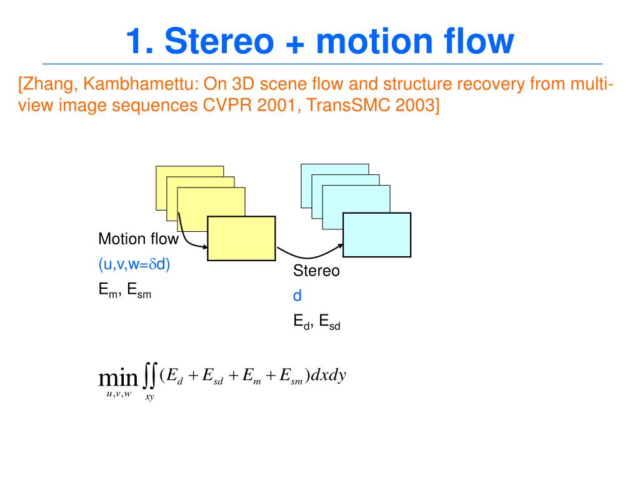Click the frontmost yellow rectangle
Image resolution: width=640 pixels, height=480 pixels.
click(241, 238)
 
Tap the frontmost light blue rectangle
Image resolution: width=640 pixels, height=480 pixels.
click(377, 234)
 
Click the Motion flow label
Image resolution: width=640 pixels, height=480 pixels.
click(138, 239)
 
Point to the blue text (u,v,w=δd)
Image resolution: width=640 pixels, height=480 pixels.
click(134, 264)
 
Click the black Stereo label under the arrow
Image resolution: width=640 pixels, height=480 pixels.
click(317, 271)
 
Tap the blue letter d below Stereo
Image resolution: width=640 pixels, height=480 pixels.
click(297, 296)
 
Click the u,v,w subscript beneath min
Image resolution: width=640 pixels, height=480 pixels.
click(119, 393)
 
